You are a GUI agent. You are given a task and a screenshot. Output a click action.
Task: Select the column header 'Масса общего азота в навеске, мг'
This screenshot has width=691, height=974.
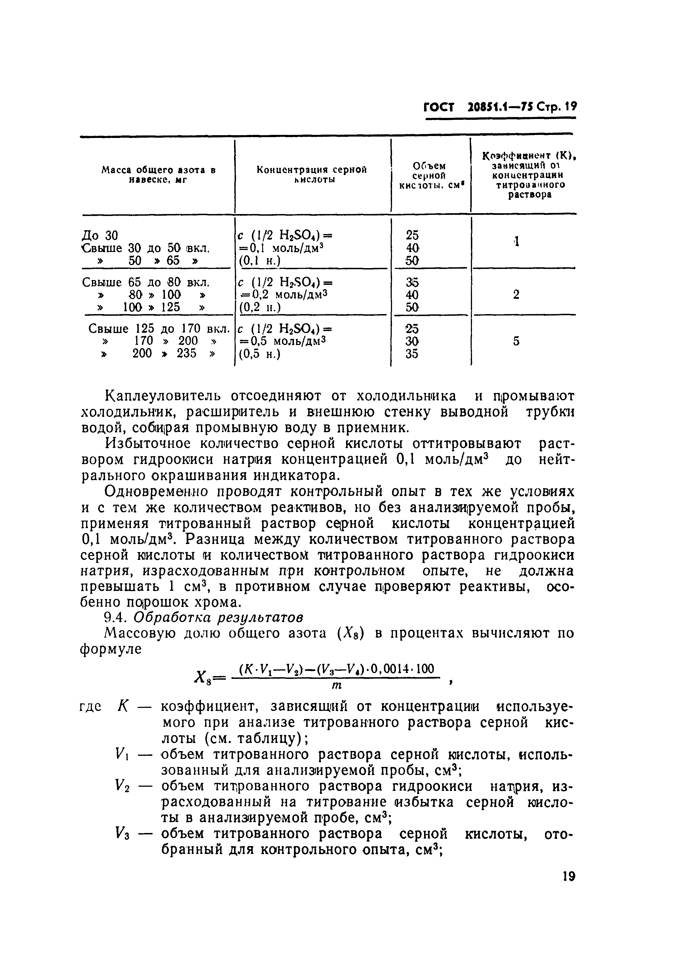[158, 174]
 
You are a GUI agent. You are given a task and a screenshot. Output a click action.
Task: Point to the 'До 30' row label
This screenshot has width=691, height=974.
[99, 235]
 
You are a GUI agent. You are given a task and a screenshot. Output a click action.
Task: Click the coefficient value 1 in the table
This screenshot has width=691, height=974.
[516, 242]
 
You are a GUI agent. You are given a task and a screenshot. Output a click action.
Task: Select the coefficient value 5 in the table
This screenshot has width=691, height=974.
[516, 341]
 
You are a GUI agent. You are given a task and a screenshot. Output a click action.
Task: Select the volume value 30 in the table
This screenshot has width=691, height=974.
[412, 341]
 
